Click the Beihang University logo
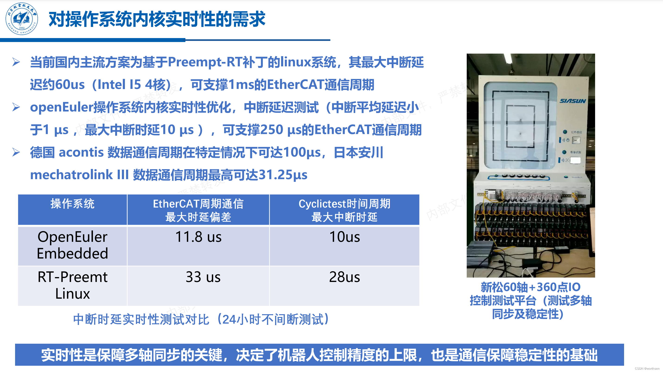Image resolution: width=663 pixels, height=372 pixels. pyautogui.click(x=22, y=19)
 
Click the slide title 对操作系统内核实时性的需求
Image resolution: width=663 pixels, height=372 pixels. pyautogui.click(x=157, y=19)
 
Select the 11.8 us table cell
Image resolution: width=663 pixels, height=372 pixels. pyautogui.click(x=198, y=237)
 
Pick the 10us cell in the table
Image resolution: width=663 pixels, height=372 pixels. pyautogui.click(x=344, y=237)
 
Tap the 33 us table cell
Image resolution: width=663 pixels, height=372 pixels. pyautogui.click(x=203, y=277)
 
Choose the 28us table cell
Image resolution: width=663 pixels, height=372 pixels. pyautogui.click(x=344, y=277)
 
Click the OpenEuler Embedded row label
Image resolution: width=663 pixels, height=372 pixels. pyautogui.click(x=72, y=245)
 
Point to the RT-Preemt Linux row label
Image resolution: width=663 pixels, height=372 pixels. pyautogui.click(x=72, y=285)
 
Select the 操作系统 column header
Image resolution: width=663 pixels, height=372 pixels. pyautogui.click(x=72, y=204)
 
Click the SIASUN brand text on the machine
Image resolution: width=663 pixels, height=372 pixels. pyautogui.click(x=573, y=101)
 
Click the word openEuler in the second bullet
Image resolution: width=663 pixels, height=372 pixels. pyautogui.click(x=61, y=107)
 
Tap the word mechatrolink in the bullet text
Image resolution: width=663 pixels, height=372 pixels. pyautogui.click(x=71, y=175)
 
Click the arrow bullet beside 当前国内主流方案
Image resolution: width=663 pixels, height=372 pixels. pyautogui.click(x=16, y=62)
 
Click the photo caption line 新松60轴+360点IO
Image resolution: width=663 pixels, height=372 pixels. pyautogui.click(x=530, y=287)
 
